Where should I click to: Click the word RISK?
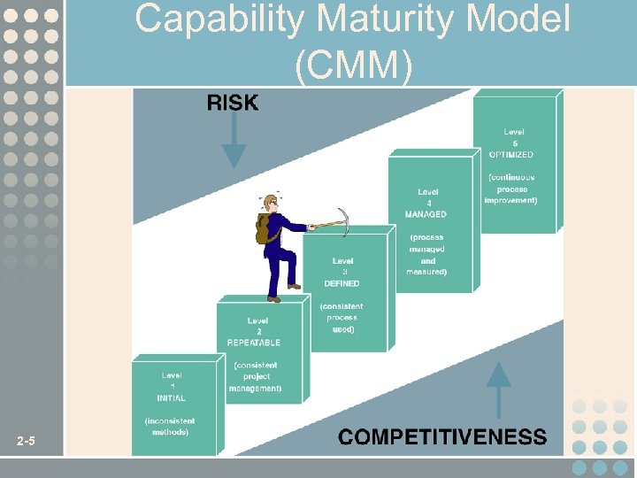(233, 104)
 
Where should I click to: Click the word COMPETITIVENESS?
(442, 436)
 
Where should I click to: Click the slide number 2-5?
(26, 442)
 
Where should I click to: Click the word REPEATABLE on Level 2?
(254, 343)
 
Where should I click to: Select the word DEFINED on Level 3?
(342, 284)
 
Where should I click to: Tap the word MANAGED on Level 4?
(426, 214)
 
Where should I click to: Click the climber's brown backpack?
(264, 228)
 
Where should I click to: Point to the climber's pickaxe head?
(342, 221)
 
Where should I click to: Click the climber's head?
(272, 204)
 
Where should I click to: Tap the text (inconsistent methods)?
(168, 427)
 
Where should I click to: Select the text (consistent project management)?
(255, 376)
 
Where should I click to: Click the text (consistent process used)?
(342, 317)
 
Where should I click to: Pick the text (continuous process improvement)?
(510, 189)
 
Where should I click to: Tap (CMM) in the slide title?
(354, 67)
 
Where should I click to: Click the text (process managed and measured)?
(426, 255)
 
